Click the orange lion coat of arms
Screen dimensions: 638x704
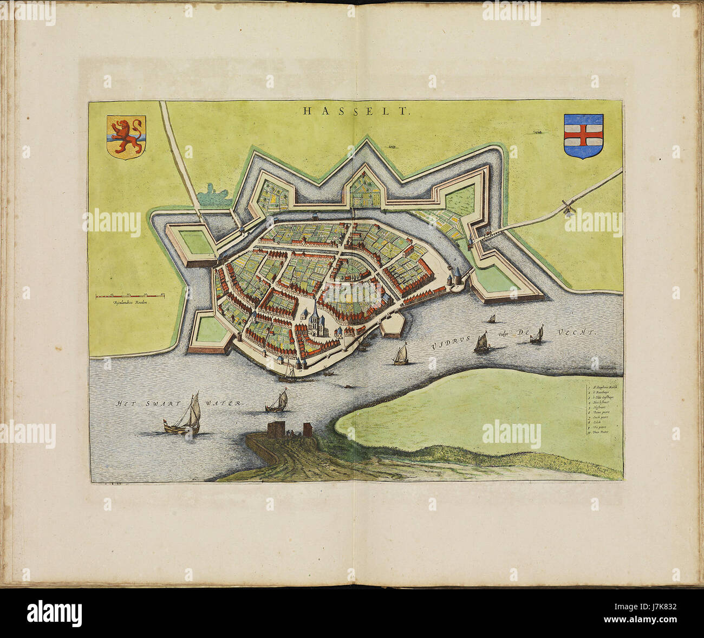tap(126, 136)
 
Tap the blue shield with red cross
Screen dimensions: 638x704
tap(583, 136)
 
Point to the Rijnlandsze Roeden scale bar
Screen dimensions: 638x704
tap(131, 296)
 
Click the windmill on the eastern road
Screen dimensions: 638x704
tap(567, 207)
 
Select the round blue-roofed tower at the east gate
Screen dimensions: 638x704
tap(457, 275)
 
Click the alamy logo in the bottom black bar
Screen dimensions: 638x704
tap(54, 613)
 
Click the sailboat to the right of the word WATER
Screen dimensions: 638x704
tap(277, 402)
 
